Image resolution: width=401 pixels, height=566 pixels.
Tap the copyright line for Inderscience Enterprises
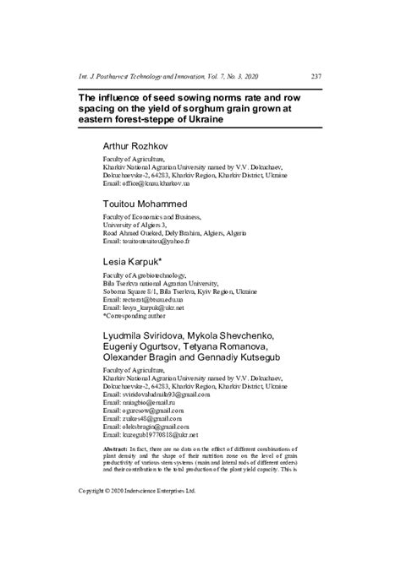(x=137, y=513)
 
